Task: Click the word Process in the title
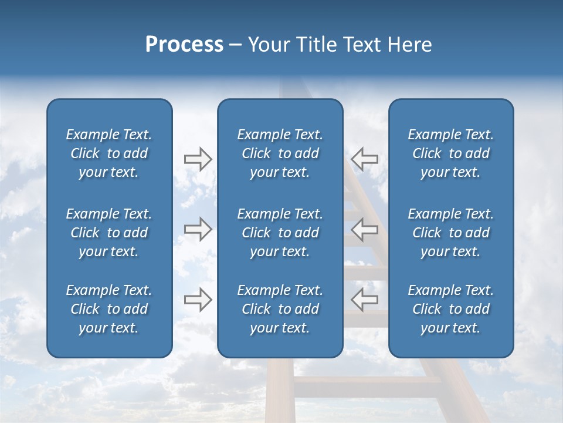point(184,45)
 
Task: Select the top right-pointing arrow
point(198,159)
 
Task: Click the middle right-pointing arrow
point(198,229)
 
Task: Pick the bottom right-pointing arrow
point(198,300)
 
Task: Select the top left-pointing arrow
point(365,159)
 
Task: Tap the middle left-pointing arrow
point(365,229)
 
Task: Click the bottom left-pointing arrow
point(365,300)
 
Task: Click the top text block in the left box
point(109,153)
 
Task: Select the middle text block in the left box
point(109,233)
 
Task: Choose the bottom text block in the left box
point(109,309)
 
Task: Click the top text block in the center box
point(280,153)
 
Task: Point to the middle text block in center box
point(280,233)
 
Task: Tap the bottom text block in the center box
point(280,309)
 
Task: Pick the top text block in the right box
point(450,153)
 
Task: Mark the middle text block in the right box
point(450,233)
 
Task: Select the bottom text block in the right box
point(450,309)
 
